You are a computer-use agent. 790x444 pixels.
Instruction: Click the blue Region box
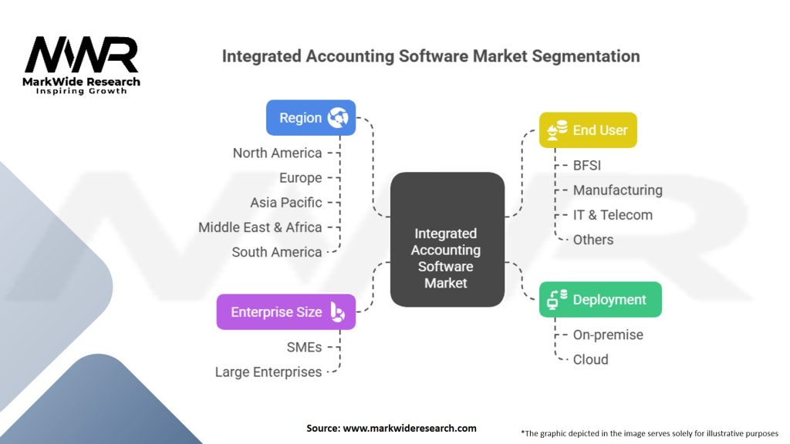[311, 118]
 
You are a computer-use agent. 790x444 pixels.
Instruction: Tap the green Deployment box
[600, 300]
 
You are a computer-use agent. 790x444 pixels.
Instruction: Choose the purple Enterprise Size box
[286, 312]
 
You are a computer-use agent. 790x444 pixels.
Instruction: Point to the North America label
[277, 153]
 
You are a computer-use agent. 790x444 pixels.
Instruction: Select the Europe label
[300, 177]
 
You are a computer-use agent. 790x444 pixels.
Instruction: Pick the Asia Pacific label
[285, 202]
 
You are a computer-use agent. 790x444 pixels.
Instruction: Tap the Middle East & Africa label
[260, 227]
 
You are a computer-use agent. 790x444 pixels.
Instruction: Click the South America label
[277, 251]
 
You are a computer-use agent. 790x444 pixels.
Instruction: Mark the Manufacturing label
[617, 190]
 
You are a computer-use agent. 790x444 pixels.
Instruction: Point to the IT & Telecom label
[613, 214]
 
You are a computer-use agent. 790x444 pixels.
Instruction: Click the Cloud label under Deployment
[590, 359]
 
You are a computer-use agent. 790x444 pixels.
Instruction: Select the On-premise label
[607, 335]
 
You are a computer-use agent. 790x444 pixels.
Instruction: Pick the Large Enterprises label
[268, 372]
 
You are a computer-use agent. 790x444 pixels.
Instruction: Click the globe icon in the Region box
[338, 118]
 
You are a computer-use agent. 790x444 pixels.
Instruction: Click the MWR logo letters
[82, 55]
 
